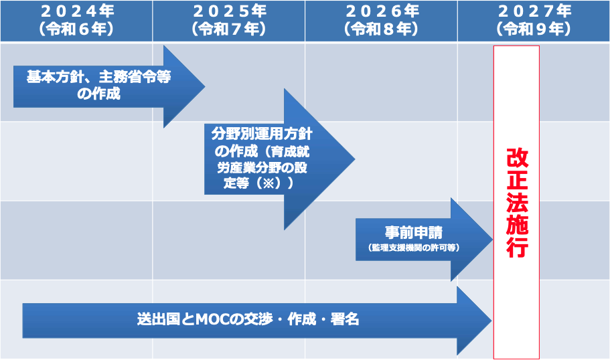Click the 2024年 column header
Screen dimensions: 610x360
(77, 11)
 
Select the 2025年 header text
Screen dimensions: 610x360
(230, 11)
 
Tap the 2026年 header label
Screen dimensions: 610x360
(382, 11)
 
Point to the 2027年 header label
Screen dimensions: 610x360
(534, 11)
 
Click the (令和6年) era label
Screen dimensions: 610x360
(76, 29)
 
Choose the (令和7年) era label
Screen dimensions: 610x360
(229, 29)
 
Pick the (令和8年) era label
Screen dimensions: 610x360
(381, 29)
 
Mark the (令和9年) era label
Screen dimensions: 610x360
(534, 29)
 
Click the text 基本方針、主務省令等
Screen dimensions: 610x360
(99, 76)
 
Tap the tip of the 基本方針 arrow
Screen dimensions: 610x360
(205, 86)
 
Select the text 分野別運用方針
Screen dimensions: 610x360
(262, 134)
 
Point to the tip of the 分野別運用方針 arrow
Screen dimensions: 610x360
(355, 159)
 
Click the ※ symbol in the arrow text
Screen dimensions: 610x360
(269, 183)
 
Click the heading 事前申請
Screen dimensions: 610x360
(414, 232)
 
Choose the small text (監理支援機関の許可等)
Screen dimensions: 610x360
(414, 248)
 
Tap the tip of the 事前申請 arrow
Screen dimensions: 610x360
(493, 239)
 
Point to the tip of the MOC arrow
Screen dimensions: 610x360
(491, 321)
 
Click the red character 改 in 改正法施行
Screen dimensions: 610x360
(517, 157)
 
